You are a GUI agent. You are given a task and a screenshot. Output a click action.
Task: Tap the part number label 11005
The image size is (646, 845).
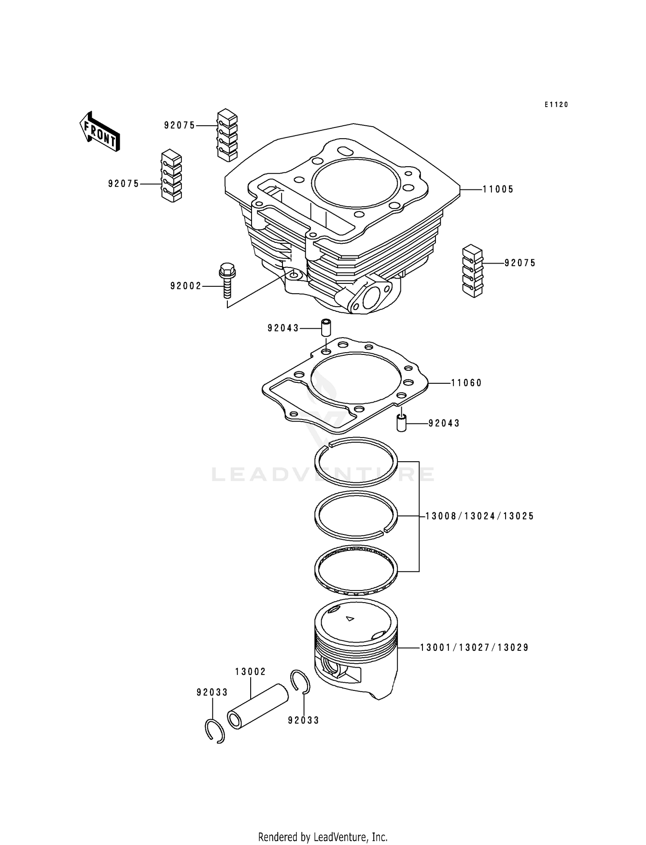pos(498,189)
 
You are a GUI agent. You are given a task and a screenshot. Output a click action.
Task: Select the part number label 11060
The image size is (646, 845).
pos(466,383)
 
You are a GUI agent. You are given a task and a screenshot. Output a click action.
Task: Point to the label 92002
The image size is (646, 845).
pos(186,286)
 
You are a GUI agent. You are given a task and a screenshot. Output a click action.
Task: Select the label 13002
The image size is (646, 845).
pos(250,671)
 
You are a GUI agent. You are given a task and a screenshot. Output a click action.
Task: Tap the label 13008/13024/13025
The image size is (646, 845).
pos(479,516)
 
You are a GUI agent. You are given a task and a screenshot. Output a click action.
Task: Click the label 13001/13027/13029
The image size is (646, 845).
pos(474,647)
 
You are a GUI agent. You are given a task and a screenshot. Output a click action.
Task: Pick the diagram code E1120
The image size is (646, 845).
pos(556,105)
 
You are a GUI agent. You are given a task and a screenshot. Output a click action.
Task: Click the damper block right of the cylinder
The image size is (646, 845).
pos(472,271)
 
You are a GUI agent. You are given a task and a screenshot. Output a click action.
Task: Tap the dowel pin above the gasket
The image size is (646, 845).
pos(326,328)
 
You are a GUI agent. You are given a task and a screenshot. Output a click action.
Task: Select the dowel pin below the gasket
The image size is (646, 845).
pos(401,423)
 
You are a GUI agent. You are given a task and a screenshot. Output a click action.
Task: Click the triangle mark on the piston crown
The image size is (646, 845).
pos(350,619)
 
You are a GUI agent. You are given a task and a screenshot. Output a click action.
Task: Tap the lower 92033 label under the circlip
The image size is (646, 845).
pos(304,720)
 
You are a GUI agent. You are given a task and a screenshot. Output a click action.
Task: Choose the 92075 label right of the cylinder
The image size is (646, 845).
pos(520,263)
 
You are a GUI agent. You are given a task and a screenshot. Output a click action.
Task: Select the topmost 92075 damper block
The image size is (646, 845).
pos(227,135)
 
